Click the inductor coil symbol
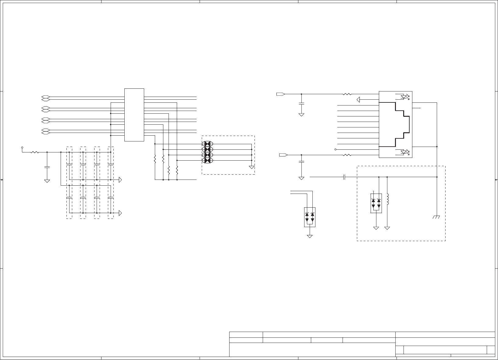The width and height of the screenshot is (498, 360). point(387,199)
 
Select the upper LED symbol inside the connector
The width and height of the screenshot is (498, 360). point(405,97)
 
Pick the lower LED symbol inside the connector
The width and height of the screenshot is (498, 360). point(405,152)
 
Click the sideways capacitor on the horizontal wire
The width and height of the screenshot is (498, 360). point(344,177)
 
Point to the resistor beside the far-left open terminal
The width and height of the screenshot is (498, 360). point(34,152)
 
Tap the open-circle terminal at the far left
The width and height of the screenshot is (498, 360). point(22,148)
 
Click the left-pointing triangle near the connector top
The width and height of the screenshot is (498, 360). point(358,99)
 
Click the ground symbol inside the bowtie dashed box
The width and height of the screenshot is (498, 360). point(252,167)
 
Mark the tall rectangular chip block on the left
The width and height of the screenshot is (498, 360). point(134,115)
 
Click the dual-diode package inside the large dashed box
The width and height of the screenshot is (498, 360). point(376,203)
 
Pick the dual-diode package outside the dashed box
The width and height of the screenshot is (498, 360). point(310,217)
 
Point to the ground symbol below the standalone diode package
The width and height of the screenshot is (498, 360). point(310,236)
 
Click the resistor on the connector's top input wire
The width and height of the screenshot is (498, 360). point(347,94)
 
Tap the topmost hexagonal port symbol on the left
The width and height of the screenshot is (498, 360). point(45,98)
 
